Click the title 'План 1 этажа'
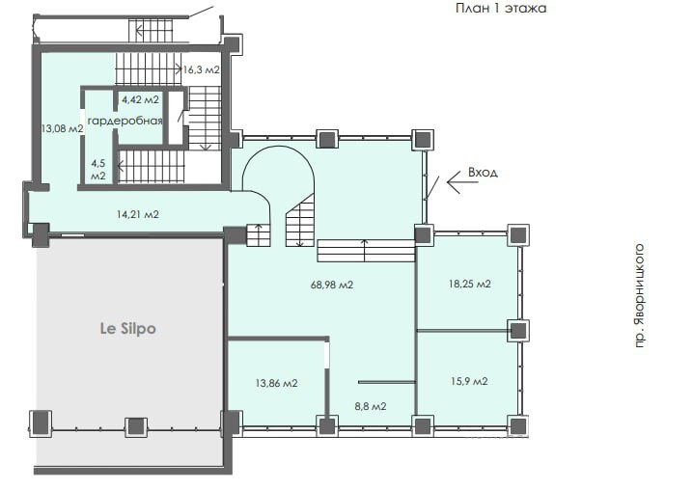tap(501, 8)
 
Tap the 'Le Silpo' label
tap(128, 329)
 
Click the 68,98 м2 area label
tap(332, 285)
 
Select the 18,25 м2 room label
tap(470, 284)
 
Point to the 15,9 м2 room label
tap(469, 381)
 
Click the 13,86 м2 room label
tap(277, 383)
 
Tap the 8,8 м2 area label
tap(371, 406)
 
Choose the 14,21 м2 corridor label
tap(138, 214)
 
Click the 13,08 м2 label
tap(62, 128)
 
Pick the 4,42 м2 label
tap(140, 99)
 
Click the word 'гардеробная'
tap(125, 121)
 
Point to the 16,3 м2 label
tap(201, 69)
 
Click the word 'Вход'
tap(483, 172)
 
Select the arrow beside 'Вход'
tap(462, 182)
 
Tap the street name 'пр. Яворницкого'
tap(640, 296)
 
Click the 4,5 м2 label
tap(98, 170)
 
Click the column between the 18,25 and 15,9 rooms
tap(519, 331)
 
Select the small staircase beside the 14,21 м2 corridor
tap(258, 235)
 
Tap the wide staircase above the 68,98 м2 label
tap(366, 251)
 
